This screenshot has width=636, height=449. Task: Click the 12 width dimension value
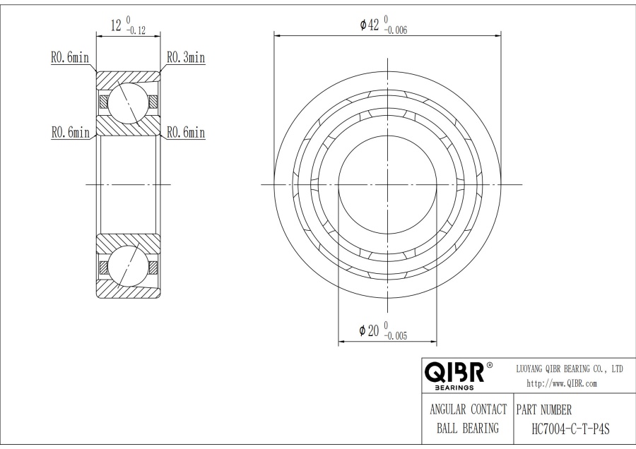point(116,26)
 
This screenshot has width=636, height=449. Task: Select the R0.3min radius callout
point(185,58)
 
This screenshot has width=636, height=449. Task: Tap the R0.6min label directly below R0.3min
point(185,132)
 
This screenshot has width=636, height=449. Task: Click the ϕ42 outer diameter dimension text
point(370,25)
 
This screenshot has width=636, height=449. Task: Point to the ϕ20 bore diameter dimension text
point(370,330)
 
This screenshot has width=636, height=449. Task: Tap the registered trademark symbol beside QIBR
point(490,366)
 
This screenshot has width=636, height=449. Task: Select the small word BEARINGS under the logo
point(454,388)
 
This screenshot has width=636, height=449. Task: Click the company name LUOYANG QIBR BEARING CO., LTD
point(570,369)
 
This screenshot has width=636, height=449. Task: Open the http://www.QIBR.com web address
point(563,383)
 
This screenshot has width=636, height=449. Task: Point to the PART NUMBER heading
point(544,409)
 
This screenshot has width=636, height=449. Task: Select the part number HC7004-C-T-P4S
point(570,428)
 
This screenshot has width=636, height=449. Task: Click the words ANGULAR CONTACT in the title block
point(469,409)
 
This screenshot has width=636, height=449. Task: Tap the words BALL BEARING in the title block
point(469,428)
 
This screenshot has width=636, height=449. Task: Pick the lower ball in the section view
point(128,268)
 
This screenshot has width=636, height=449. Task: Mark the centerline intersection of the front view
point(387,184)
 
